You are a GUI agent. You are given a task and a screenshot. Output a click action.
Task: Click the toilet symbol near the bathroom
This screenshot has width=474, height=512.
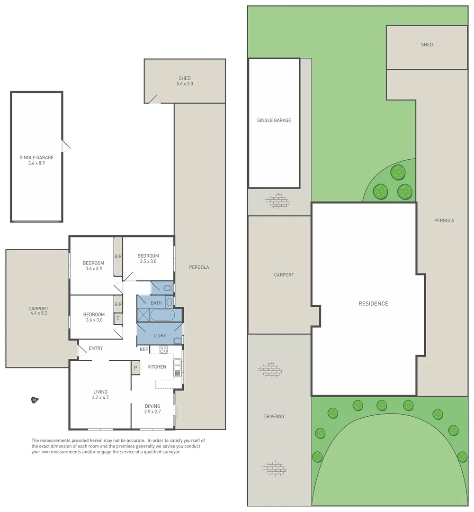coord(167,288)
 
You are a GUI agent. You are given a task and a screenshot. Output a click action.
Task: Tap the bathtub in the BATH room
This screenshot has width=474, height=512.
coord(162,315)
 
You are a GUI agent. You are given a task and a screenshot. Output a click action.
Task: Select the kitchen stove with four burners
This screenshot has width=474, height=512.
coord(163,349)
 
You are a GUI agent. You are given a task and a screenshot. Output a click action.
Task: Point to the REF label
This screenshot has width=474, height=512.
coord(143,349)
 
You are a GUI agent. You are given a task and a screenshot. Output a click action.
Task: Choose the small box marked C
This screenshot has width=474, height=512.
coord(118,319)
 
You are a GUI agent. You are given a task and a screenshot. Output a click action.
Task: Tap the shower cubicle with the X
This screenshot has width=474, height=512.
coord(143,315)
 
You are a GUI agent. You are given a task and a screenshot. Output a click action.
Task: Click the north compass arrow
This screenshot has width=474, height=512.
coord(35,401)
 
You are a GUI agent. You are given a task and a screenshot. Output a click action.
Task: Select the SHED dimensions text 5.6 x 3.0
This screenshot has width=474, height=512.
coord(185,84)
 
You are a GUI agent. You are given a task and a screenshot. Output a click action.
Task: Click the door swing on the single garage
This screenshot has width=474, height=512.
coord(66,146)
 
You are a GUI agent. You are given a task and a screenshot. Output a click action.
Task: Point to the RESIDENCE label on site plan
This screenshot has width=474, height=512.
coord(373,303)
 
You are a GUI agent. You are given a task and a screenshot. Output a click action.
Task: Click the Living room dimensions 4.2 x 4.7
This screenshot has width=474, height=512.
coord(100,398)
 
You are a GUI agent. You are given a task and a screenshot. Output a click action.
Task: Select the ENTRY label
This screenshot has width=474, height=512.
coord(96,348)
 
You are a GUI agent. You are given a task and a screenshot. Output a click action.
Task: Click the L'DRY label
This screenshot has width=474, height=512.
coord(159,336)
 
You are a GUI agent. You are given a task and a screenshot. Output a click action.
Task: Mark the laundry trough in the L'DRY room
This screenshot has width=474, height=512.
coord(177,340)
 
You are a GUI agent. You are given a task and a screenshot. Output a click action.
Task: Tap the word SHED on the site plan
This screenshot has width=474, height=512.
coord(427,45)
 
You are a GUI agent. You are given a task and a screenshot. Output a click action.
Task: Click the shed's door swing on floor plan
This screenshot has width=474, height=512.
coord(154,99)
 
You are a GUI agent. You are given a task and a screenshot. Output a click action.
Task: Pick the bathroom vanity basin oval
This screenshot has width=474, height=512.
coord(170,302)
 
